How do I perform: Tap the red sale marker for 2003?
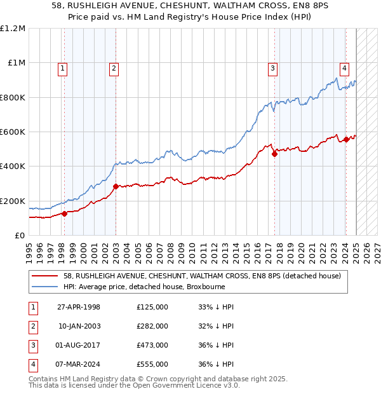tap(116, 187)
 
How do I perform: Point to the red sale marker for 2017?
tap(275, 154)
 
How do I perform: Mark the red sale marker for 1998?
tap(65, 214)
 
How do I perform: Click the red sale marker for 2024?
tap(346, 140)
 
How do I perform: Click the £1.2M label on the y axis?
tap(13, 29)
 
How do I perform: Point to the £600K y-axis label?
tap(13, 132)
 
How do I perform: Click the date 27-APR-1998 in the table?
tap(79, 307)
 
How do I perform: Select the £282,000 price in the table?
tap(152, 326)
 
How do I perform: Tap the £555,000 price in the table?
tap(152, 364)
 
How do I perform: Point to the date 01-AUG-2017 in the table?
tap(79, 345)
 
